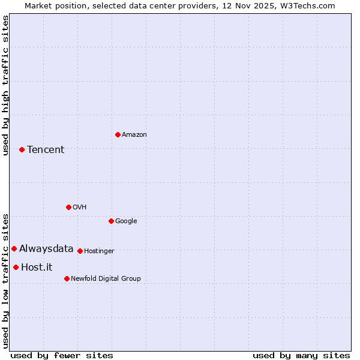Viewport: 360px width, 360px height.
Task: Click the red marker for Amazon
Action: coord(118,134)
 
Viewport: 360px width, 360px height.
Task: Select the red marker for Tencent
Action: coord(22,149)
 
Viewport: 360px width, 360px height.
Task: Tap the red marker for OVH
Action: coord(68,207)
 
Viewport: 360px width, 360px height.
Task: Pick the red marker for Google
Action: coord(111,221)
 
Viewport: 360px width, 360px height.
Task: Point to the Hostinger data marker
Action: coord(80,251)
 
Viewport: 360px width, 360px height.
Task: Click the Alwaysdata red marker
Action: coord(14,248)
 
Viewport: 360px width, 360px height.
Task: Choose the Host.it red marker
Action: coord(16,267)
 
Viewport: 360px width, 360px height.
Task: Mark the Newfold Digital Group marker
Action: coord(67,278)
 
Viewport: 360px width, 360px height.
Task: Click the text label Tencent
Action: coord(46,149)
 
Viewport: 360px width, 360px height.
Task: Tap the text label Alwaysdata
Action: coord(46,248)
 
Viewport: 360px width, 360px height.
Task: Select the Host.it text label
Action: coord(37,267)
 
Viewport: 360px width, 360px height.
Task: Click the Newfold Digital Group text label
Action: coord(106,278)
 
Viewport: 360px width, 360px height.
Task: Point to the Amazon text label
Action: coord(134,134)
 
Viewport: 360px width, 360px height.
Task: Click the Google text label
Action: coord(126,221)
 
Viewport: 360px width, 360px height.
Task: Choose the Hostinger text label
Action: coord(99,251)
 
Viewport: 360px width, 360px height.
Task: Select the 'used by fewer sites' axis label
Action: coord(62,355)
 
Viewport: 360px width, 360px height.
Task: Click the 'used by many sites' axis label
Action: coord(301,355)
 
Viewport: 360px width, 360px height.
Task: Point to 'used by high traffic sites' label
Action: coord(5,85)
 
